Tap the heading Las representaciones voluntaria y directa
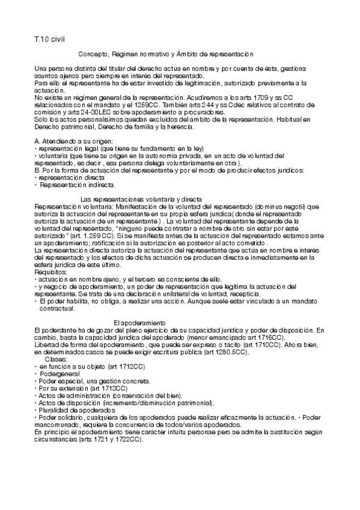click(x=141, y=199)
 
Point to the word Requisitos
click(x=52, y=272)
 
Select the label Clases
click(x=58, y=358)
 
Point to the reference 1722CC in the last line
click(x=128, y=439)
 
